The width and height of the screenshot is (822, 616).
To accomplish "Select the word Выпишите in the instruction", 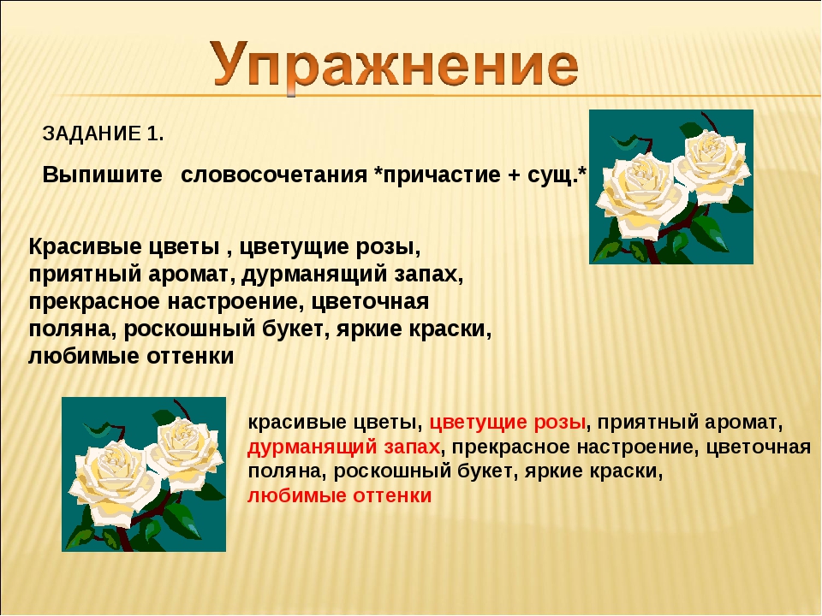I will point(103,175).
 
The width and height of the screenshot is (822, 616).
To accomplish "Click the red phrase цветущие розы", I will point(508,423).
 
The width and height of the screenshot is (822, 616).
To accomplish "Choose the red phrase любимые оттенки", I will point(340,496).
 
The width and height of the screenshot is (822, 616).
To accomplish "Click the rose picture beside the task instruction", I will point(670,187).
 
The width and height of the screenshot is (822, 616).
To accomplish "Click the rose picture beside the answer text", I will point(144,474).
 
